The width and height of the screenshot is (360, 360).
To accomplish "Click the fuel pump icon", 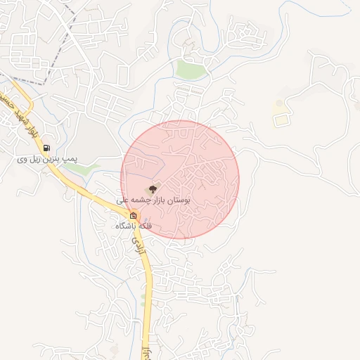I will click(46, 148).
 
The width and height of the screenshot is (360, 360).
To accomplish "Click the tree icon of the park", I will click(153, 188).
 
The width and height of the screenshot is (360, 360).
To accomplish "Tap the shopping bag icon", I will click(134, 215).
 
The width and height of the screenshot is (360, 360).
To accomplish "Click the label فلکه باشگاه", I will click(134, 226).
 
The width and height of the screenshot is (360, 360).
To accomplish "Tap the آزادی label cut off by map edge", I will click(147, 352).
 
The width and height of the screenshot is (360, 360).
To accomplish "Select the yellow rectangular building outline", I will click(281, 120).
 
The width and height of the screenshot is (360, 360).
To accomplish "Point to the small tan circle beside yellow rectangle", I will click(279, 104).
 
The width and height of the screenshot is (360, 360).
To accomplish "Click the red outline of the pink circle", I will click(240, 179).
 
